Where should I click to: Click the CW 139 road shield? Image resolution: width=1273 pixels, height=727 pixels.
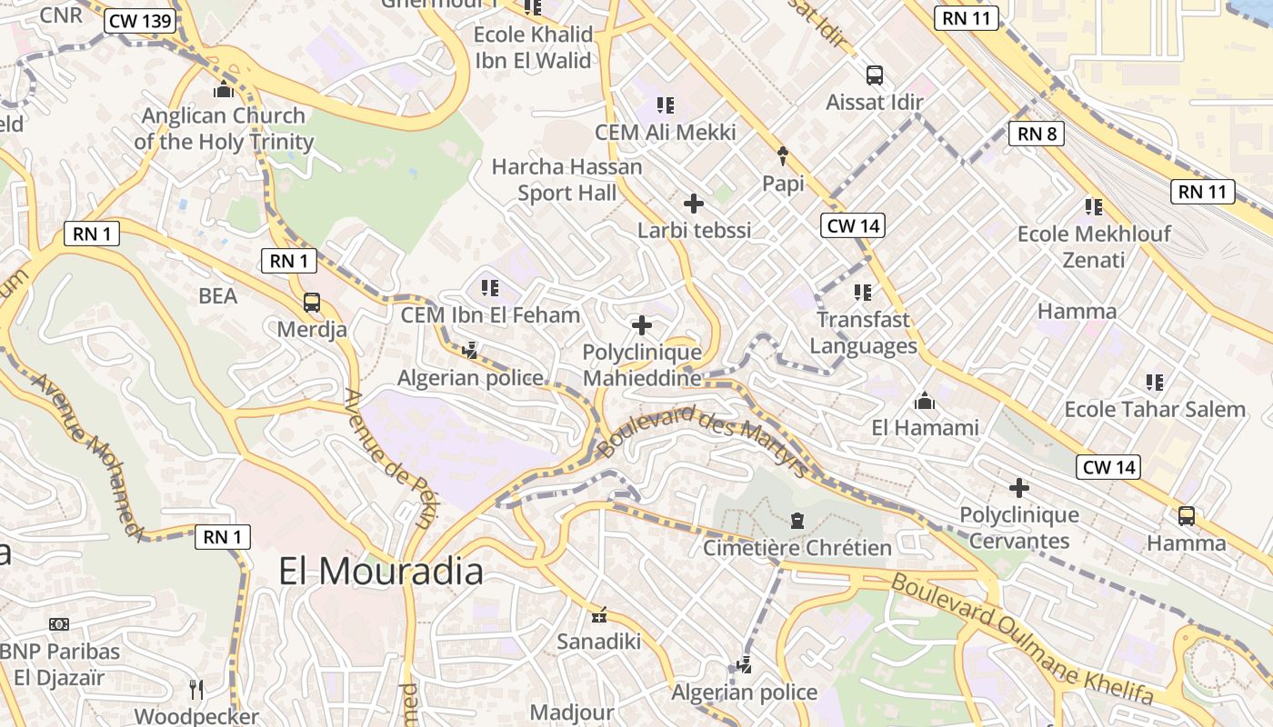(x=139, y=21)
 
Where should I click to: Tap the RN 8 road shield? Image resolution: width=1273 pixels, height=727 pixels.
(x=1036, y=134)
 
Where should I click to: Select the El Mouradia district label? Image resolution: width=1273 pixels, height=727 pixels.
(x=381, y=571)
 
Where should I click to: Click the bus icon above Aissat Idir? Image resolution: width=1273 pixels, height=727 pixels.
(x=874, y=75)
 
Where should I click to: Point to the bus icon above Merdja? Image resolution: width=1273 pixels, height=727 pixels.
(x=311, y=302)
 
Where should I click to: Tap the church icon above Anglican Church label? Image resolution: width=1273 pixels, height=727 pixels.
(x=223, y=89)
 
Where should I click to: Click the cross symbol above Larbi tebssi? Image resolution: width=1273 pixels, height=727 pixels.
(x=694, y=204)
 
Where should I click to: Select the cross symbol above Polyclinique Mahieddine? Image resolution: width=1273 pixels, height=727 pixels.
(x=642, y=324)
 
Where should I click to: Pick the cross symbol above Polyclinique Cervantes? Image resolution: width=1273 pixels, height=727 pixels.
(x=1018, y=488)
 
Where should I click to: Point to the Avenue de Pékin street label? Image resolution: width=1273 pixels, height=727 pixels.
(x=390, y=459)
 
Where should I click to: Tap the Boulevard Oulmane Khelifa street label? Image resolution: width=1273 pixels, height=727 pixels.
(x=1023, y=640)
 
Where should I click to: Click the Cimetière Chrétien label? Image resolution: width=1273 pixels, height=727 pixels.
(x=797, y=547)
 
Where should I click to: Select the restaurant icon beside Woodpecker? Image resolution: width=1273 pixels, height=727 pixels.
(x=195, y=690)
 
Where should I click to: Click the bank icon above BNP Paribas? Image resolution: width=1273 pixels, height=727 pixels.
(x=59, y=624)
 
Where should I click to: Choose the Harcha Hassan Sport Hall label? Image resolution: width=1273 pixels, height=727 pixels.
(x=566, y=180)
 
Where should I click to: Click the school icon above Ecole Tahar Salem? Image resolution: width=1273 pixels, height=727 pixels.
(x=1155, y=383)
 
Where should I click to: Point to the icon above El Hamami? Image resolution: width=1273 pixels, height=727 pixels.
(x=925, y=401)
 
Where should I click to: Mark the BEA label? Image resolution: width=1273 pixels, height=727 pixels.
(x=217, y=295)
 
